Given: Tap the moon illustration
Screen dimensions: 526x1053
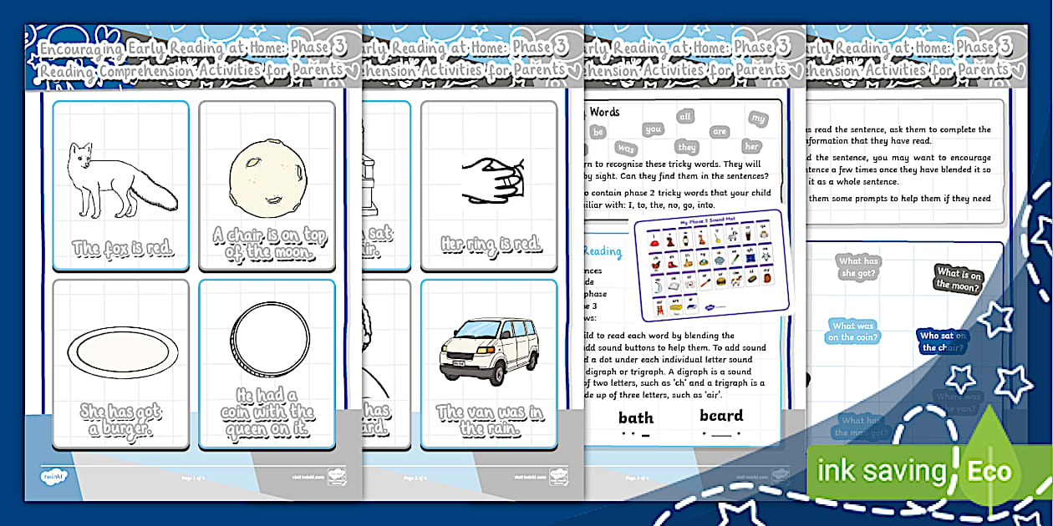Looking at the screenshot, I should pyautogui.click(x=267, y=176).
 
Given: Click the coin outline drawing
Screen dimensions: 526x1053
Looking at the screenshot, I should pyautogui.click(x=267, y=342).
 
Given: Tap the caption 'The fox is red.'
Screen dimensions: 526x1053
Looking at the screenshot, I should pyautogui.click(x=122, y=248).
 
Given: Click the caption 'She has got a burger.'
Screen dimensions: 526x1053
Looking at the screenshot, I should pyautogui.click(x=121, y=420).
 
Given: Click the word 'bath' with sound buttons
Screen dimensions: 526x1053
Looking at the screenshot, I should pyautogui.click(x=635, y=418).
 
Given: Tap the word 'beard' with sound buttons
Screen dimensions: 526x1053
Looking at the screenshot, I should pyautogui.click(x=721, y=416).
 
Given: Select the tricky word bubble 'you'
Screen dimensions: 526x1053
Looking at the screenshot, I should pyautogui.click(x=654, y=129).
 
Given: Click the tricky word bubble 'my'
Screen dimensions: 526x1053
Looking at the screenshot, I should pyautogui.click(x=758, y=119).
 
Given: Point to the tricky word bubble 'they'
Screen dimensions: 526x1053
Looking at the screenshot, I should pyautogui.click(x=687, y=147).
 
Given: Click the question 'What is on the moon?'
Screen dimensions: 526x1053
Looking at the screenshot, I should pyautogui.click(x=959, y=279).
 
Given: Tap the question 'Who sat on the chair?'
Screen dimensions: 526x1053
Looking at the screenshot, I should pyautogui.click(x=943, y=341).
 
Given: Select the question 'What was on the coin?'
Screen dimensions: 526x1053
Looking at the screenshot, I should pyautogui.click(x=853, y=331).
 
